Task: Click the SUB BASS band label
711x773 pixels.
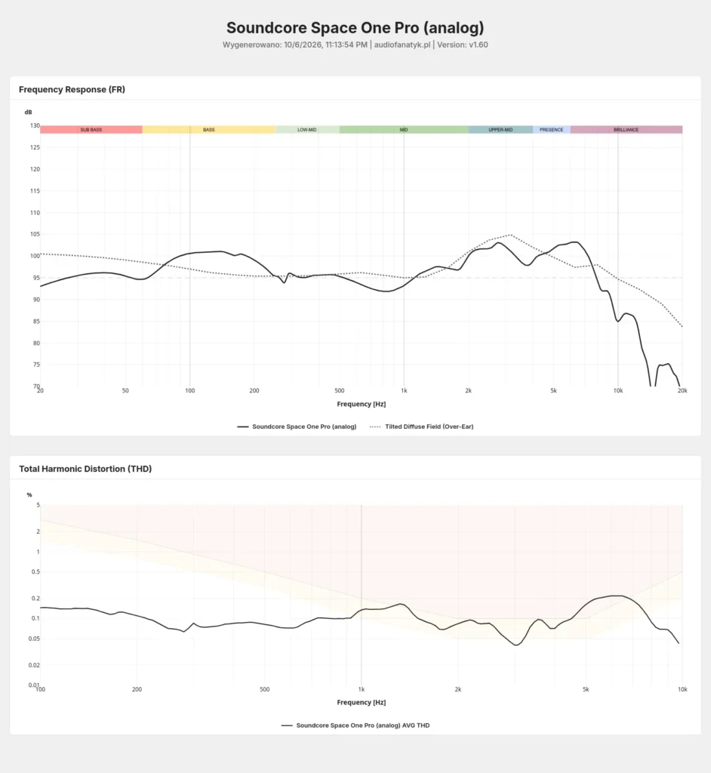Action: (x=91, y=130)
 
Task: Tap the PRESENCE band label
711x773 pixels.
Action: (x=551, y=130)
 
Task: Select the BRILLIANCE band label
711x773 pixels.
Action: (x=626, y=130)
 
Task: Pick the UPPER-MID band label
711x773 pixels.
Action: (x=500, y=130)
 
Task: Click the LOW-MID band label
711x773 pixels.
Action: (x=306, y=130)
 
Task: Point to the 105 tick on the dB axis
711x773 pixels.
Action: (x=35, y=234)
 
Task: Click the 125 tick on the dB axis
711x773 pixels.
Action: (x=35, y=147)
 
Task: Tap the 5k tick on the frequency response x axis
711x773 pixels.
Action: (x=554, y=390)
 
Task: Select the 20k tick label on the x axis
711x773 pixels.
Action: (x=682, y=390)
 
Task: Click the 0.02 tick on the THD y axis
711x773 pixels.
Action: (x=35, y=665)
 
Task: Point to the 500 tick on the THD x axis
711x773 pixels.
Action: (x=265, y=689)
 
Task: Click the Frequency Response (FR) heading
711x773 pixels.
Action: (x=72, y=89)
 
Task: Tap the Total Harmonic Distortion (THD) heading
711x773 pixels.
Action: (x=85, y=469)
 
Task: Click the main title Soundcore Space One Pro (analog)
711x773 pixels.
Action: (x=355, y=28)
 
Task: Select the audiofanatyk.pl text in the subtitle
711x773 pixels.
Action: (x=402, y=45)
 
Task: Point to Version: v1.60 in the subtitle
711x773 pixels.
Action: (x=463, y=45)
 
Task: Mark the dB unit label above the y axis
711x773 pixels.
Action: (x=28, y=112)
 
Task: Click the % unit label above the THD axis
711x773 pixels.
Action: (x=29, y=495)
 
